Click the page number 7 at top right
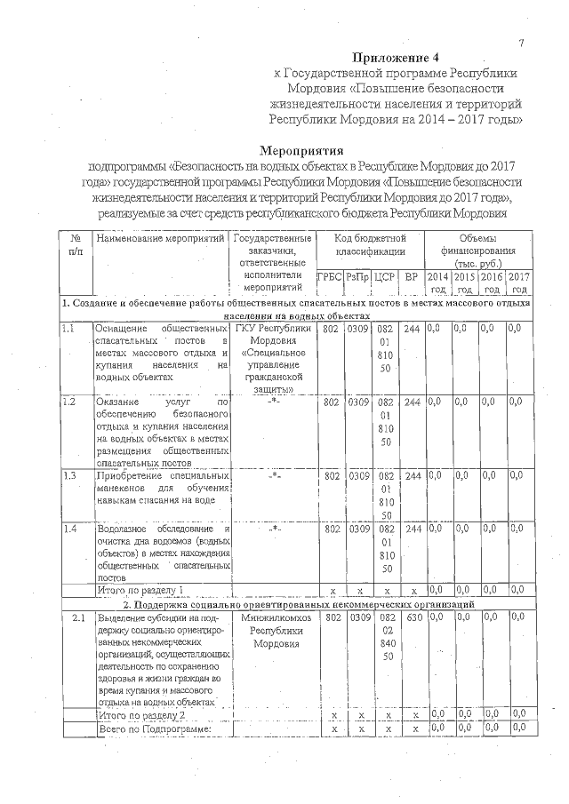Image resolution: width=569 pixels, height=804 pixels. [522, 44]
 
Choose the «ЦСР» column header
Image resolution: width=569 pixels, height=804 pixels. [385, 277]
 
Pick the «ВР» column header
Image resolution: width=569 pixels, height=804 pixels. [411, 277]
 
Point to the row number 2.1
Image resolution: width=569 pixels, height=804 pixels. [77, 617]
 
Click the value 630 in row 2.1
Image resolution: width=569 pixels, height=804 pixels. [412, 617]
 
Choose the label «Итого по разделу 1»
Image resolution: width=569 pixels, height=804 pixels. [140, 590]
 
